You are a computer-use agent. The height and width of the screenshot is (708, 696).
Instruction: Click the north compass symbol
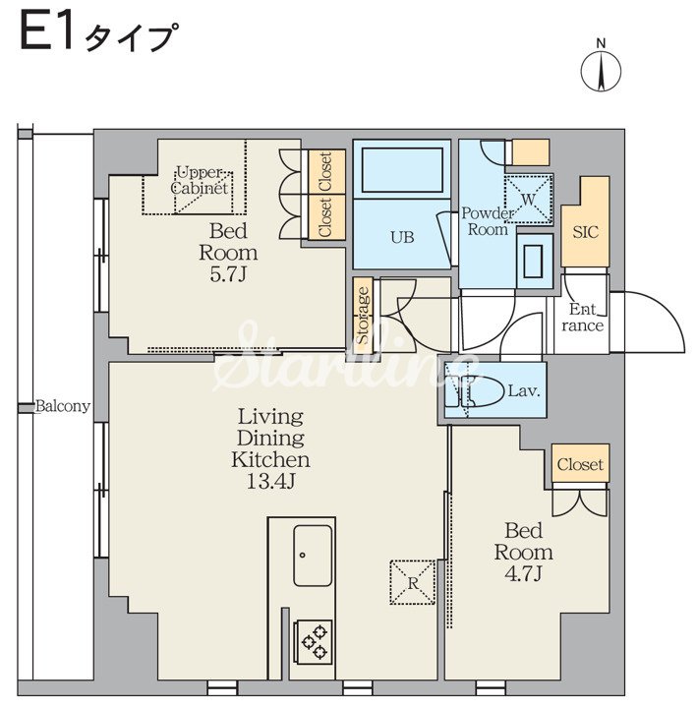(x=601, y=68)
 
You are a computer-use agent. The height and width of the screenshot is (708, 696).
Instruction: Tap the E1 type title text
(x=97, y=32)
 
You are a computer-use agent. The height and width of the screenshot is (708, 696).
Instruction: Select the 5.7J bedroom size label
(x=227, y=274)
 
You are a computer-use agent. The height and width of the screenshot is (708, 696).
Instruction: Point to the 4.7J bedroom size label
(x=523, y=574)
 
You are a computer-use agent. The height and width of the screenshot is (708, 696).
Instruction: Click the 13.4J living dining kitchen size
(x=270, y=482)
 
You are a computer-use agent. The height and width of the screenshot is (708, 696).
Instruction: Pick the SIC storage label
(x=586, y=232)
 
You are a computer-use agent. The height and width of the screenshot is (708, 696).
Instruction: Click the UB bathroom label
(x=402, y=237)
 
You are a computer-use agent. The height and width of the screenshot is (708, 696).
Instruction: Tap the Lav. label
(x=524, y=391)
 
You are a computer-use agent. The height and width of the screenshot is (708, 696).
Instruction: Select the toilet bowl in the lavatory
(x=482, y=390)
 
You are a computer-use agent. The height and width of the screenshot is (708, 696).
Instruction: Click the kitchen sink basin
(x=313, y=556)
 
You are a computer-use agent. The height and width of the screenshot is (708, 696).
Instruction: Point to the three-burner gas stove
(x=313, y=641)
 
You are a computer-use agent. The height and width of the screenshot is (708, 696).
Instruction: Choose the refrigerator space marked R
(x=413, y=582)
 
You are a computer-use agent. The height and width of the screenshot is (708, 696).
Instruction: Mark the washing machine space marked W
(x=529, y=199)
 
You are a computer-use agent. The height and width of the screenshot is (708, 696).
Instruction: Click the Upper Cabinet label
(x=200, y=180)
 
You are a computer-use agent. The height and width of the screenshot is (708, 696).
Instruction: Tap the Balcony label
(x=63, y=406)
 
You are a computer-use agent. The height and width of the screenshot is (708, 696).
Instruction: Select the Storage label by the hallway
(x=364, y=316)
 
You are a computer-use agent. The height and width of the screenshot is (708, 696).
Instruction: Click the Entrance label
(x=582, y=318)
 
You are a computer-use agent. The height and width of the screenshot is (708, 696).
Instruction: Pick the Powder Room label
(x=488, y=221)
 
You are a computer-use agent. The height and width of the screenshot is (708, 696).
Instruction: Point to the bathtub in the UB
(x=402, y=170)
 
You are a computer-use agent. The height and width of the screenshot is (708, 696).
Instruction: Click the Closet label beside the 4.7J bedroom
(x=580, y=464)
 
